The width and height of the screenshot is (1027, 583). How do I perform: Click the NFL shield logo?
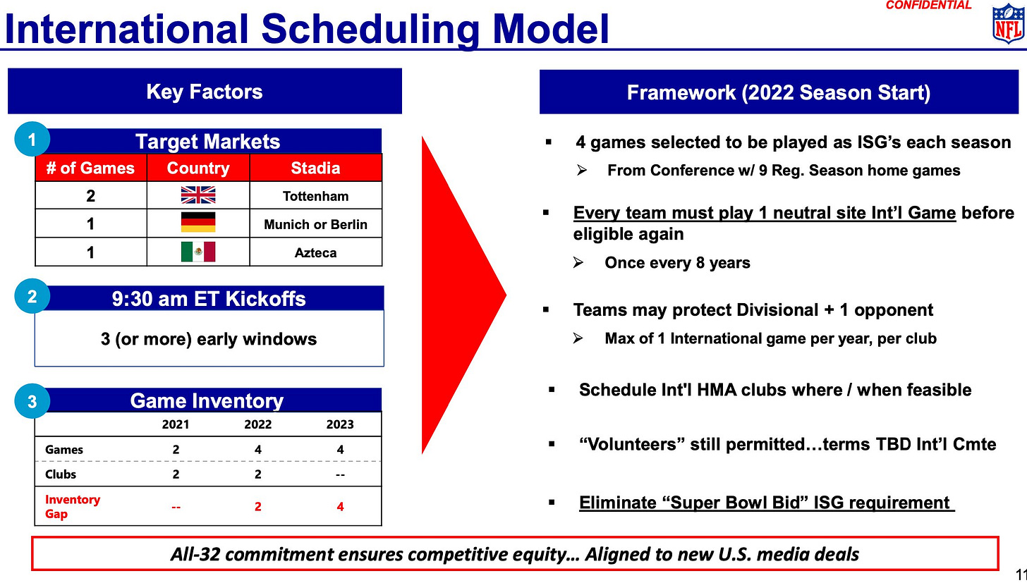pyautogui.click(x=1008, y=23)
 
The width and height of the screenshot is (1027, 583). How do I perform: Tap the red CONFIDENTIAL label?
pyautogui.click(x=928, y=5)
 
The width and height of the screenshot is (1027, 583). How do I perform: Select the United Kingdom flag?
pyautogui.click(x=198, y=195)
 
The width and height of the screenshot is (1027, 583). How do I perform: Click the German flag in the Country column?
pyautogui.click(x=198, y=222)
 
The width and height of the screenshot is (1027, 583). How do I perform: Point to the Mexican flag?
pyautogui.click(x=198, y=252)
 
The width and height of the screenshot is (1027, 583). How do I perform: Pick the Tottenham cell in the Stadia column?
pyautogui.click(x=315, y=196)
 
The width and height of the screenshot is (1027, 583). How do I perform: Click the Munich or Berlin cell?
pyautogui.click(x=315, y=224)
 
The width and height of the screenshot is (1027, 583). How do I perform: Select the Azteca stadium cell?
pyautogui.click(x=315, y=252)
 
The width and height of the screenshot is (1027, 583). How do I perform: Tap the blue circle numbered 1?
pyautogui.click(x=32, y=139)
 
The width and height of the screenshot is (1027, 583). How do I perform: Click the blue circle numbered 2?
pyautogui.click(x=32, y=296)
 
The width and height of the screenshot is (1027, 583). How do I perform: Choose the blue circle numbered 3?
pyautogui.click(x=32, y=401)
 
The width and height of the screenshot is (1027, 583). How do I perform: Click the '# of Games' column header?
pyautogui.click(x=90, y=168)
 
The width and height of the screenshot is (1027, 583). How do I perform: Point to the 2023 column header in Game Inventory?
pyautogui.click(x=340, y=424)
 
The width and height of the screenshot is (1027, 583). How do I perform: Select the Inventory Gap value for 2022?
pyautogui.click(x=257, y=506)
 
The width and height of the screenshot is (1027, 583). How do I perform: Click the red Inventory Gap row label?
pyautogui.click(x=73, y=506)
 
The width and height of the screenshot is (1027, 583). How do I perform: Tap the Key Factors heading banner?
pyautogui.click(x=205, y=91)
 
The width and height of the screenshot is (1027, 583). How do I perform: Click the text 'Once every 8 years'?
pyautogui.click(x=677, y=263)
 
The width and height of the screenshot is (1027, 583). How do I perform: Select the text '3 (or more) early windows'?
pyautogui.click(x=209, y=339)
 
